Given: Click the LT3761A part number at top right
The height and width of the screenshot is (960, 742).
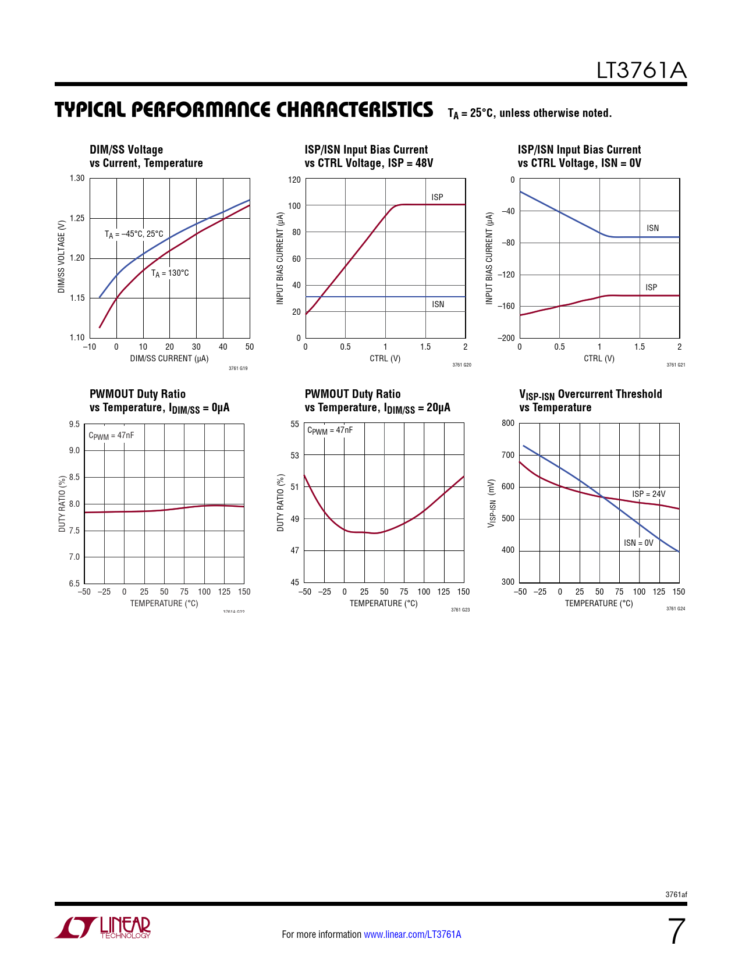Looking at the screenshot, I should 641,70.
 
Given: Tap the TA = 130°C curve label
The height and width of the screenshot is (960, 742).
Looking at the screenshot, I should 170,273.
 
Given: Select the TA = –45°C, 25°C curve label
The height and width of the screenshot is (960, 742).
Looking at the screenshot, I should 134,234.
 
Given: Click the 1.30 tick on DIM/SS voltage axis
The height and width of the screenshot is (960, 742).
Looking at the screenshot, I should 77,179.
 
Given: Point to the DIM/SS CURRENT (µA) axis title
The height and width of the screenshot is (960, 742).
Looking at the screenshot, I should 169,358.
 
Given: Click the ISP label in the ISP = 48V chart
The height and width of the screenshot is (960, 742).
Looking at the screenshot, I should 437,197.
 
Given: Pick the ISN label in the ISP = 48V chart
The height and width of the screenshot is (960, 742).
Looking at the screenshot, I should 438,304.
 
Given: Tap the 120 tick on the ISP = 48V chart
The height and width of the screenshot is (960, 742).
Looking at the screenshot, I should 294,180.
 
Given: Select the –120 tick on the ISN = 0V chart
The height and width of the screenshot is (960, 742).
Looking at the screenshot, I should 506,275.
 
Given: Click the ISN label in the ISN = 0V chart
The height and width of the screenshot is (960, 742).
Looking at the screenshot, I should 652,228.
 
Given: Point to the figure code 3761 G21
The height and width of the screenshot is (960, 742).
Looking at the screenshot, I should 676,365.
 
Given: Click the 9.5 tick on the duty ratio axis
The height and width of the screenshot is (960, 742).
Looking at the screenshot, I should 74,424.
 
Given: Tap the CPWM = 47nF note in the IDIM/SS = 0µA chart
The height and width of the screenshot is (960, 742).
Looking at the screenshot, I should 111,436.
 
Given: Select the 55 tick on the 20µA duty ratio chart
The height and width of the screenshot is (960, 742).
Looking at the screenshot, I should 295,424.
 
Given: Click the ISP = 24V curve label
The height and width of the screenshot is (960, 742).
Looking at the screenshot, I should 648,494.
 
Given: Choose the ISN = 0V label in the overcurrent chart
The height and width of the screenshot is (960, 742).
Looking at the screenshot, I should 638,543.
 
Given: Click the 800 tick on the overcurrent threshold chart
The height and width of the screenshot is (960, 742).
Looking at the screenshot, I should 508,424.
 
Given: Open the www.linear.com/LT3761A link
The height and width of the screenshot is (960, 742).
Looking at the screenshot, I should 412,934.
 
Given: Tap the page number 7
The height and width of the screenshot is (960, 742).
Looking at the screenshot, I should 676,931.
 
